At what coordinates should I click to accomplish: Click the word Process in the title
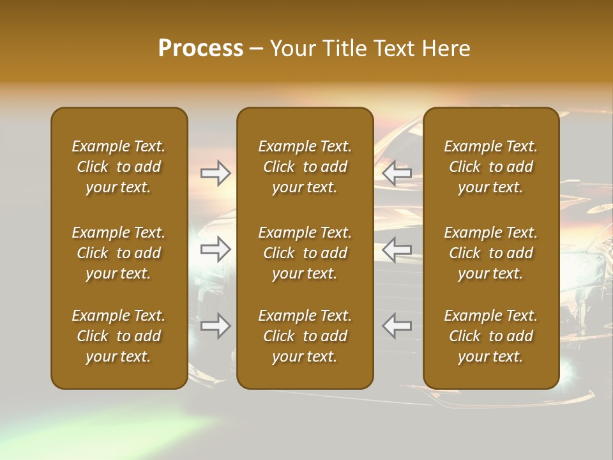[x=201, y=49]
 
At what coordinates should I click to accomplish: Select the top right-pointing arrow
[x=216, y=173]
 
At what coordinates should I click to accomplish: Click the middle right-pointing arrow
[x=216, y=249]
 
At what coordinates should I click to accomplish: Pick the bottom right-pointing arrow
[x=216, y=326]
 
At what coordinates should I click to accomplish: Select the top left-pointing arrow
[x=397, y=173]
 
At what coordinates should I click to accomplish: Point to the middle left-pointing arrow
[x=397, y=249]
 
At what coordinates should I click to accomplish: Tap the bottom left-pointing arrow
[x=397, y=326]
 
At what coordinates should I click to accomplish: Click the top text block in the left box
[x=119, y=167]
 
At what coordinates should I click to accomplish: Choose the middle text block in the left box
[x=119, y=253]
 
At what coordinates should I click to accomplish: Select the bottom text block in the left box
[x=119, y=336]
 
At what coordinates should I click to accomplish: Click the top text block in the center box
[x=305, y=167]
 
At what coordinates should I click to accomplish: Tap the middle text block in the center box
[x=305, y=253]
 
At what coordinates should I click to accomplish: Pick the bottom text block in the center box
[x=305, y=336]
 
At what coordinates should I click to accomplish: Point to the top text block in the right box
[x=490, y=167]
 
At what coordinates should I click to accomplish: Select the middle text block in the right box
[x=490, y=253]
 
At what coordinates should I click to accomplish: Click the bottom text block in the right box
[x=490, y=336]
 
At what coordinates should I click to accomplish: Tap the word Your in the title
[x=290, y=49]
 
